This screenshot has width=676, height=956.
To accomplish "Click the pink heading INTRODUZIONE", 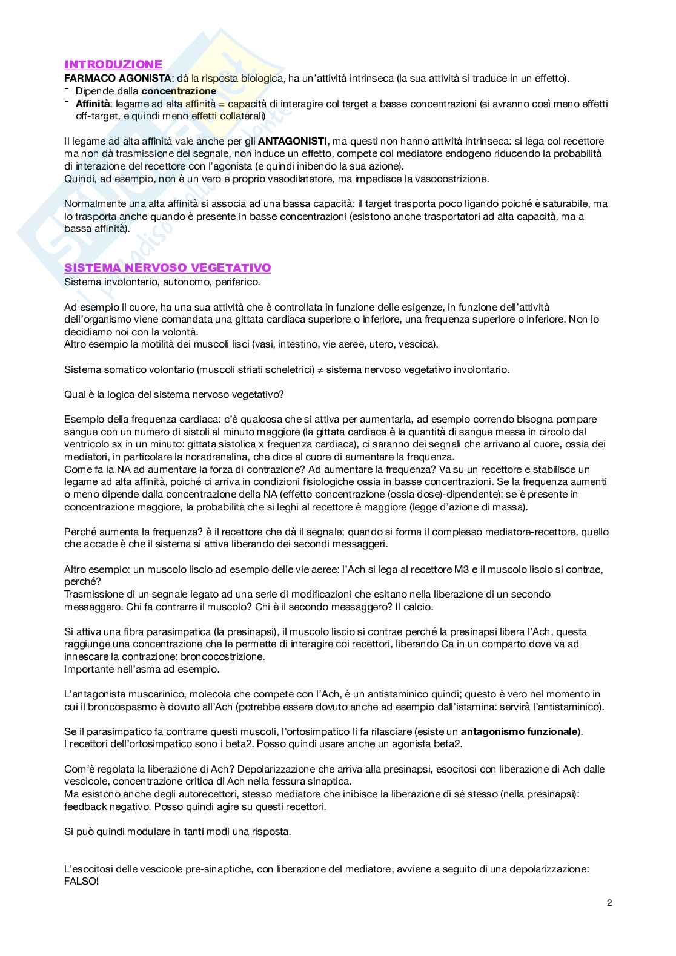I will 113,65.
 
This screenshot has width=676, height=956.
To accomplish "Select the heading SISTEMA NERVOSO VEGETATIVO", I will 168,268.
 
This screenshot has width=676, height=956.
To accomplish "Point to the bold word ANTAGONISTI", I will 293,141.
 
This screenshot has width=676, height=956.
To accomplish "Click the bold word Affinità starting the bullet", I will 93,104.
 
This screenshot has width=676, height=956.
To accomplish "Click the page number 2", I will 609,903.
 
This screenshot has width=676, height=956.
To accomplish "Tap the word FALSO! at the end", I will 81,882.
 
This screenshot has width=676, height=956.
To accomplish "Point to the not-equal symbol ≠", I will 320,369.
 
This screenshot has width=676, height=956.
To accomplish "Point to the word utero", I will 379,344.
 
